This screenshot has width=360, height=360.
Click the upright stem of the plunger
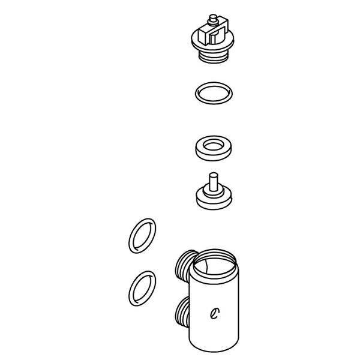tap(212, 181)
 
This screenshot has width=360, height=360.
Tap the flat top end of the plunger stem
tap(212, 174)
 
